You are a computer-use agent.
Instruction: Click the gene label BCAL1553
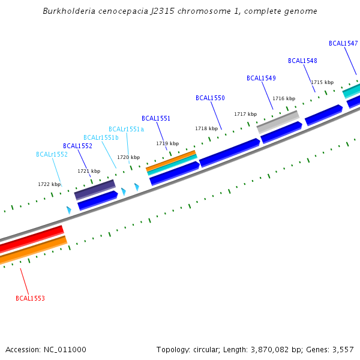coord(30,298)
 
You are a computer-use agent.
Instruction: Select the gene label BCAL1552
coord(77,146)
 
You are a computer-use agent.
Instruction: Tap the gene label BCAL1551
coord(156,118)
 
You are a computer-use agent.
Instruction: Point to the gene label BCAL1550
coord(210,98)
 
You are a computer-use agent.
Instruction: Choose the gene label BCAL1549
coord(261,78)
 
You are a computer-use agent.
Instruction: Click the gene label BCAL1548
coord(302,61)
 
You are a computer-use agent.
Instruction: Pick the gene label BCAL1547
coord(343,43)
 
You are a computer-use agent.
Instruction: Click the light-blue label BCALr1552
coord(52,154)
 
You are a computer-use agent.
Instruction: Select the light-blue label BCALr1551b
coord(101,137)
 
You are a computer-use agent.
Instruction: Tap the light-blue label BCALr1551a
coord(126,129)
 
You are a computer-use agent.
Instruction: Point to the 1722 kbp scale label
coord(49,184)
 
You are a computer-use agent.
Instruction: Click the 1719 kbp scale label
coord(167,143)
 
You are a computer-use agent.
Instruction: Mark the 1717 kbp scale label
coord(245,114)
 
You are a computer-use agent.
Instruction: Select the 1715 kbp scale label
coord(322,82)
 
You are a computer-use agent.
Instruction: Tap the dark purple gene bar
coord(95,189)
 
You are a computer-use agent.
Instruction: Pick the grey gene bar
coord(278,121)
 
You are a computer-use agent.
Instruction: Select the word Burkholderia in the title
coord(68,11)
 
